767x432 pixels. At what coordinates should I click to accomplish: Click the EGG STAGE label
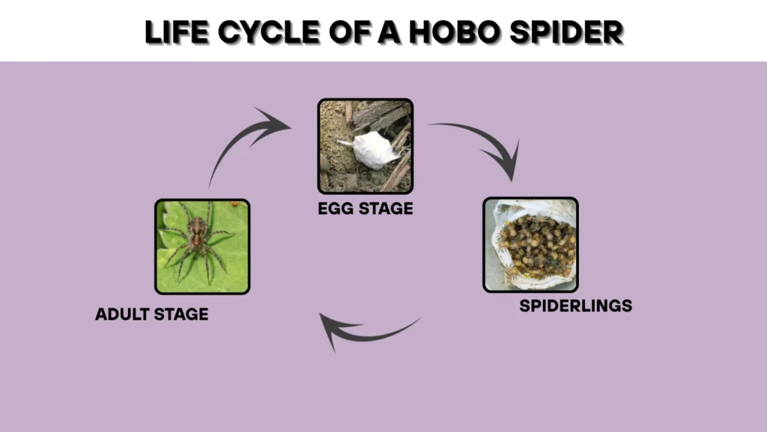click(x=365, y=208)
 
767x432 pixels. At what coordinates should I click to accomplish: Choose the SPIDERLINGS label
click(x=575, y=305)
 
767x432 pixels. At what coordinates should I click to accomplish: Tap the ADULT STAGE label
click(x=151, y=314)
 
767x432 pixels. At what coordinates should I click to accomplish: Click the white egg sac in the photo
click(x=375, y=150)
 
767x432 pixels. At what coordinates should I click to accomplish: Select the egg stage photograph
click(x=365, y=146)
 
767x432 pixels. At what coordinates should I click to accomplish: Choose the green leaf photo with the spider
click(x=202, y=246)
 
